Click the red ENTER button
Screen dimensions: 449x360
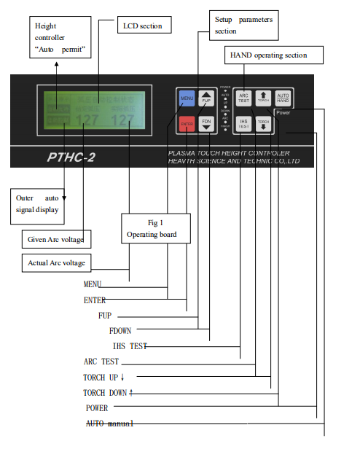pos(187,125)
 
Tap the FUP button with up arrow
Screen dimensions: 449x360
pos(206,98)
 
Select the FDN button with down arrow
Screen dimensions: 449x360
pos(206,125)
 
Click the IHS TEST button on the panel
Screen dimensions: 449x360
pos(244,124)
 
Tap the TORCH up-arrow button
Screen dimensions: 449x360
pos(264,98)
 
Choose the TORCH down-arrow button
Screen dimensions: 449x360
pos(264,124)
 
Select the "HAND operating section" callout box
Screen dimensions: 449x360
pos(268,55)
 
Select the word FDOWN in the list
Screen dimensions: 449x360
pos(123,330)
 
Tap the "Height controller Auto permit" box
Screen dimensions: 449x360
pos(61,38)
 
